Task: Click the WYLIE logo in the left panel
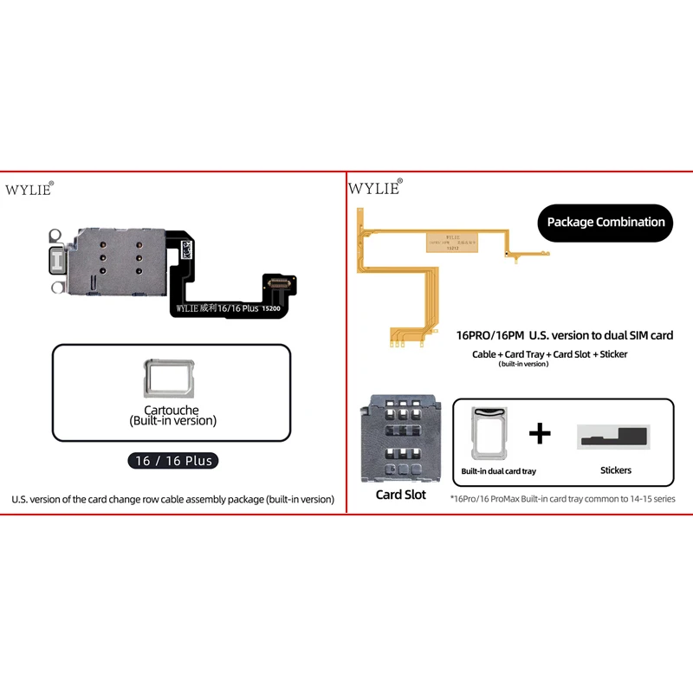30,190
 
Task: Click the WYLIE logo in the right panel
373,187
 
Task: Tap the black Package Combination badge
606,223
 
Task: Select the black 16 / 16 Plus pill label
173,461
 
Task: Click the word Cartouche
171,410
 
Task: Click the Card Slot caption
400,495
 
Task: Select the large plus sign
540,433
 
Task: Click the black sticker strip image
613,437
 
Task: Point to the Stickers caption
615,470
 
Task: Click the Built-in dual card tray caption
498,471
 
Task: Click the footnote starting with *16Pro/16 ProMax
562,499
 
